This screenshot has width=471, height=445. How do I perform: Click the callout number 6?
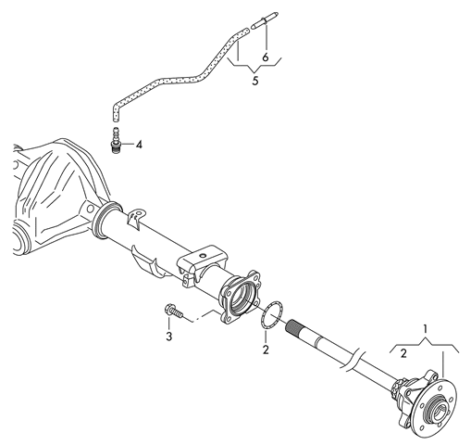266,57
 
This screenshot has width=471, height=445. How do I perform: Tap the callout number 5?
255,81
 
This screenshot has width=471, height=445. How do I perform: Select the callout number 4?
139,145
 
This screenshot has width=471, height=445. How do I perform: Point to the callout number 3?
169,337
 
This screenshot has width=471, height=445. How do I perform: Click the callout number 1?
426,329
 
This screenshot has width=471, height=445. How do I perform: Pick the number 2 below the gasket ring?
266,350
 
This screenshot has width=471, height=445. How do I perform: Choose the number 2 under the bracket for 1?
403,353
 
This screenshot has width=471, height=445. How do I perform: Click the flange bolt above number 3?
174,311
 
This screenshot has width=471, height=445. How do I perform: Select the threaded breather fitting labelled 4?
116,139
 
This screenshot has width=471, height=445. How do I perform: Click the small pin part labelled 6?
266,20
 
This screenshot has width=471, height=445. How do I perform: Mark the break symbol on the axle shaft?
353,359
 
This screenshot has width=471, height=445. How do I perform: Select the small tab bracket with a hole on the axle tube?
135,218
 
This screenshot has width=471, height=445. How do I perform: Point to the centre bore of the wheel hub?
438,411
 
